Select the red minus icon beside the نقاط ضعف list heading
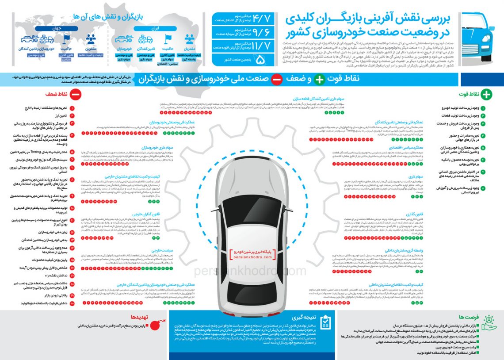click(75, 94)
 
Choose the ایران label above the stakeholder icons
click(155, 28)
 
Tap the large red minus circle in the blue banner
click(276, 80)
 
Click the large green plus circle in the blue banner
click(319, 80)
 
